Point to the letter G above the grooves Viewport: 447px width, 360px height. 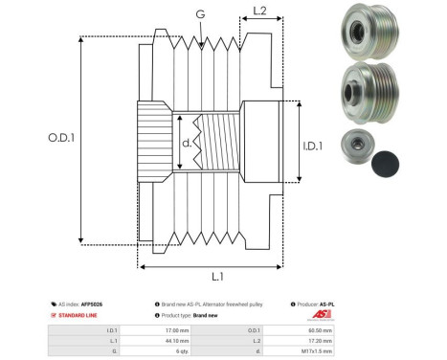pyautogui.click(x=199, y=13)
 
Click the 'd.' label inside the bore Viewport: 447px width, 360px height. pyautogui.click(x=187, y=144)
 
